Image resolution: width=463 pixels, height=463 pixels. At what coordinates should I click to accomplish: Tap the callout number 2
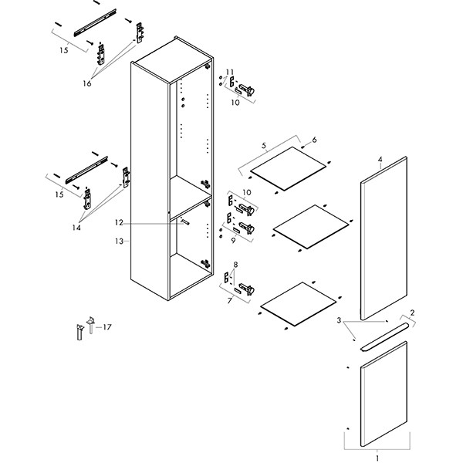tap(413, 313)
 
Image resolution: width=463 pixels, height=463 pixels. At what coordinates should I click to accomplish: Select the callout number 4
tap(380, 161)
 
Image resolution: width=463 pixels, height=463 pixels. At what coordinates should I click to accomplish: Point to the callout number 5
tap(264, 145)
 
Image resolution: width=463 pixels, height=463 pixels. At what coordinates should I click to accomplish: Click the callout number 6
tap(314, 140)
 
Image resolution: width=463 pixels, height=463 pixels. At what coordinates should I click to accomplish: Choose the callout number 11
tap(229, 73)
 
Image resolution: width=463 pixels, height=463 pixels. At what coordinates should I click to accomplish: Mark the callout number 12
tap(119, 222)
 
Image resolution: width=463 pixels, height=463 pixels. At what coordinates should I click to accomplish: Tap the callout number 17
tap(107, 327)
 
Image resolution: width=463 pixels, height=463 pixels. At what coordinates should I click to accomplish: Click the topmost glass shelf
tap(289, 168)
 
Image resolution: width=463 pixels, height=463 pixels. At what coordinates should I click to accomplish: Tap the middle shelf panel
tap(311, 226)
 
